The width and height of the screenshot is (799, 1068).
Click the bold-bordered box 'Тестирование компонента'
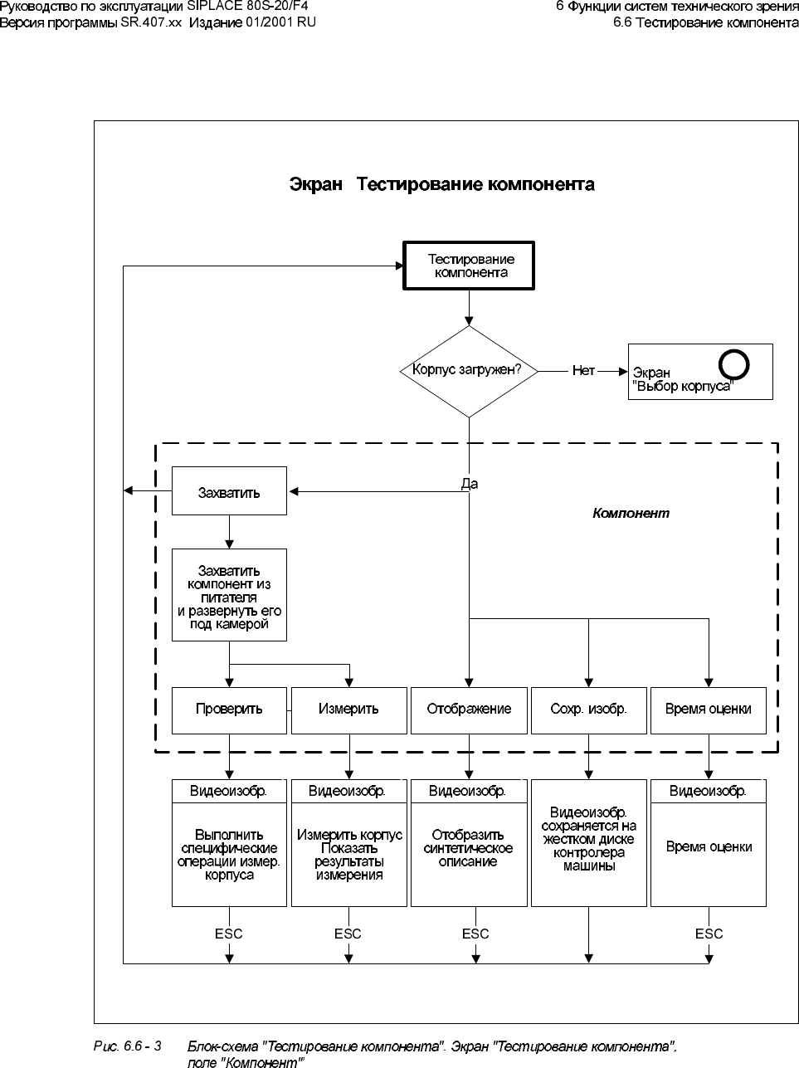click(x=470, y=266)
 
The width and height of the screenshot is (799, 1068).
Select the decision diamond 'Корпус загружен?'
click(x=469, y=371)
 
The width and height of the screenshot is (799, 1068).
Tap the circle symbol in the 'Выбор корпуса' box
click(x=734, y=363)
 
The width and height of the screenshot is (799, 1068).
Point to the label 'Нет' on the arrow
click(x=582, y=371)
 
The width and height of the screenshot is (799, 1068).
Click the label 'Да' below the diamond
click(x=469, y=484)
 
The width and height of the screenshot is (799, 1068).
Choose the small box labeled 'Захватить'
click(x=229, y=491)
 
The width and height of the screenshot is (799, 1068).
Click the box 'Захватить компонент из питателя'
click(x=229, y=594)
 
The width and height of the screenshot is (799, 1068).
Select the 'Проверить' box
click(x=229, y=709)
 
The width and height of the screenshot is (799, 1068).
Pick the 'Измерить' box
click(x=348, y=709)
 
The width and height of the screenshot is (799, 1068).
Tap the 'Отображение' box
click(x=469, y=709)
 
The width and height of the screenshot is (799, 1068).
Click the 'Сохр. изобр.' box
click(x=588, y=709)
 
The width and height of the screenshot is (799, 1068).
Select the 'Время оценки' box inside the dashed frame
click(x=708, y=709)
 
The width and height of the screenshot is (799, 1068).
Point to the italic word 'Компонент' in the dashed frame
click(x=631, y=513)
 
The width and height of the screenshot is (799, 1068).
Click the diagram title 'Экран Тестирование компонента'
click(x=441, y=183)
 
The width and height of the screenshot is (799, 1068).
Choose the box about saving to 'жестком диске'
click(x=588, y=839)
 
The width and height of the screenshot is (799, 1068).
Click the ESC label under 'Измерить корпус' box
click(x=348, y=934)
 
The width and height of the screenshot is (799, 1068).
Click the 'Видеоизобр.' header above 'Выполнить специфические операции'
click(x=229, y=791)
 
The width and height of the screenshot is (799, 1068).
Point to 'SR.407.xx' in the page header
click(x=151, y=22)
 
